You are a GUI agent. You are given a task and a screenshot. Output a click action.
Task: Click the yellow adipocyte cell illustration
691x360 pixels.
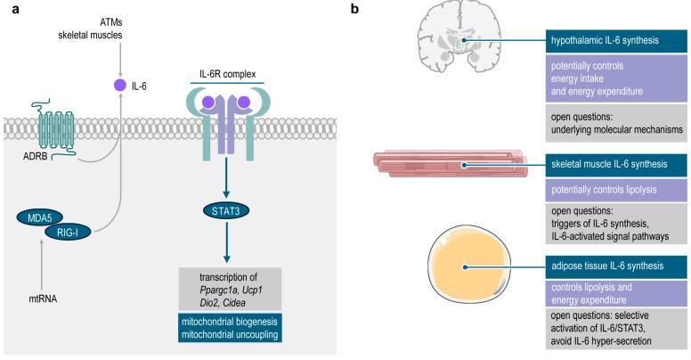pyautogui.click(x=471, y=268)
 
